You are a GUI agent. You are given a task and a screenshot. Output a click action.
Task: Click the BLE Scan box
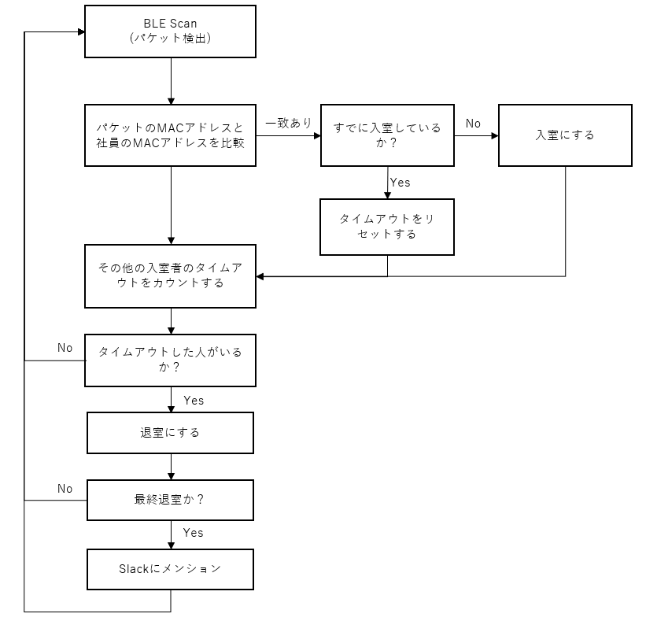(170, 32)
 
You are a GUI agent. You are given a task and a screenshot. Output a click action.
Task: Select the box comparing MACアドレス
(170, 135)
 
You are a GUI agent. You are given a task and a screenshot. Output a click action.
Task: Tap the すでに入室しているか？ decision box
(387, 135)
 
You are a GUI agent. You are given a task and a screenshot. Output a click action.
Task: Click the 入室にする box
(564, 135)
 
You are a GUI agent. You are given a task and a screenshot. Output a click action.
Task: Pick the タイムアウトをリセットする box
(387, 227)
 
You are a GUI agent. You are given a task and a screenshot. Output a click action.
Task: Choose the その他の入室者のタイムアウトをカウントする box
(170, 275)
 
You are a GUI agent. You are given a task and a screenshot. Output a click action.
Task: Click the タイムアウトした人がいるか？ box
(170, 360)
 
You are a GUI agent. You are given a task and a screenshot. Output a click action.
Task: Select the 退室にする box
(170, 432)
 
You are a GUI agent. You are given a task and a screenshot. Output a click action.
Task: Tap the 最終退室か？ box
(170, 499)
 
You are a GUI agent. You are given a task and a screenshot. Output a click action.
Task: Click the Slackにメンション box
(170, 568)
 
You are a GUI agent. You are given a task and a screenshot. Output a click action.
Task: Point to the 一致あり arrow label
(288, 123)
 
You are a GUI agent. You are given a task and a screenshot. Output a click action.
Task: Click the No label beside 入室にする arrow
(473, 124)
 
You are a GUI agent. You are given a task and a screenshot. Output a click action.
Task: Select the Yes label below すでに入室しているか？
(401, 183)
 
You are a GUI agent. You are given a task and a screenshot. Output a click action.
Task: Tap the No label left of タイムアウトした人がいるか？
(65, 347)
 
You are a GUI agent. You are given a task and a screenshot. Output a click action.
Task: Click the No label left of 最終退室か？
(65, 489)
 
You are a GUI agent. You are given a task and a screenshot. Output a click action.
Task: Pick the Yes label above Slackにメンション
(194, 533)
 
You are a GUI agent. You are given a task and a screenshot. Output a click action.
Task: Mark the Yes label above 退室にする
(194, 401)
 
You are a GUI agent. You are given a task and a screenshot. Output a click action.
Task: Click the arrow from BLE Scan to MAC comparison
(171, 80)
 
